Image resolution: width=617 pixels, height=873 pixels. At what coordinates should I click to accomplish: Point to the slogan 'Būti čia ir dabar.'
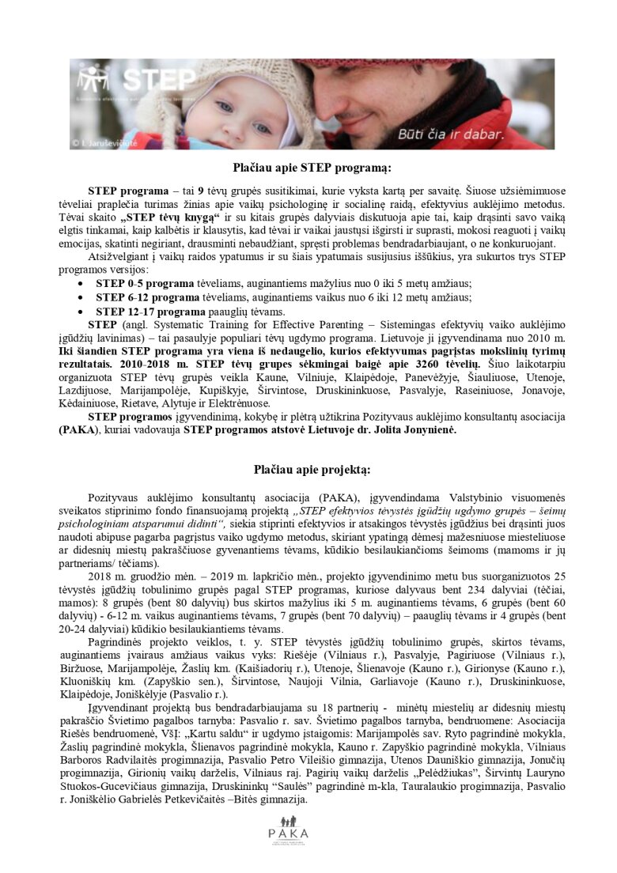click(x=462, y=134)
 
